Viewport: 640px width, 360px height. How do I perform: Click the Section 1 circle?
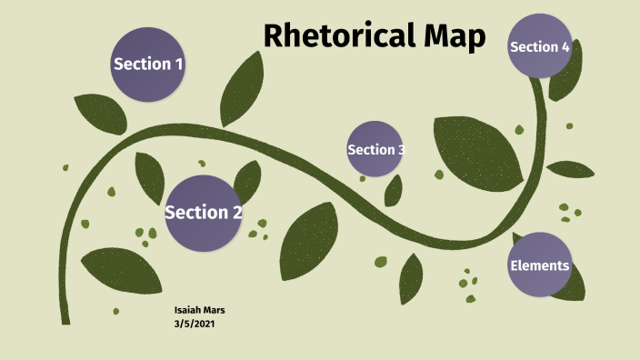point(148,64)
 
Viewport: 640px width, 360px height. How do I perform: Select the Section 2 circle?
point(203,213)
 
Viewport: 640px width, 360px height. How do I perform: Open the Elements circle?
point(540,265)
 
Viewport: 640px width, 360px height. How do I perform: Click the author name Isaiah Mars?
point(199,310)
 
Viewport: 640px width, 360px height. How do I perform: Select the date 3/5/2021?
point(195,323)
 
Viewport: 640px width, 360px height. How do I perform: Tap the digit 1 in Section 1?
point(178,64)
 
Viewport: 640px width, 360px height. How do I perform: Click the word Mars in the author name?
point(213,310)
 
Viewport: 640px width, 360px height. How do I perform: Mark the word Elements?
point(540,265)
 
